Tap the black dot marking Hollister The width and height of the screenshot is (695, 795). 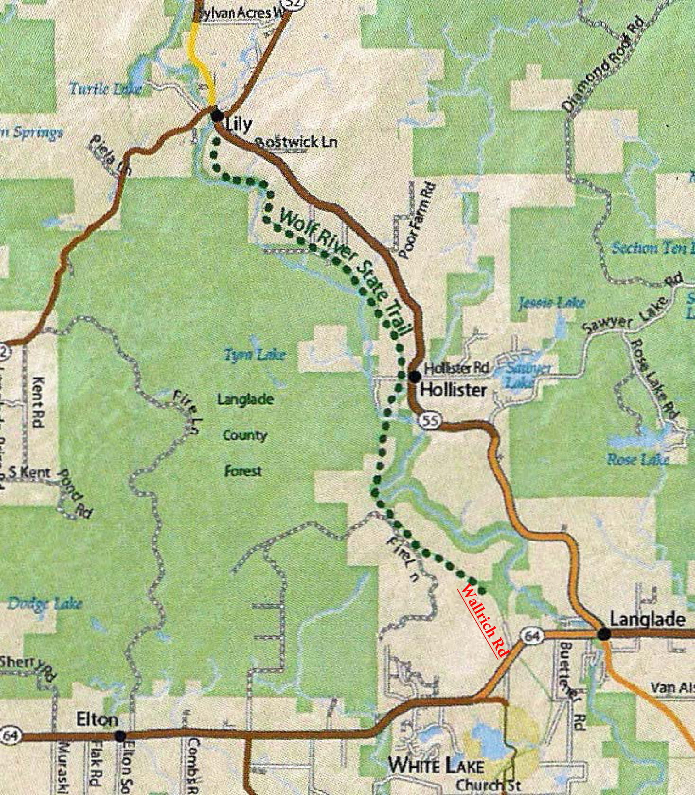(415, 376)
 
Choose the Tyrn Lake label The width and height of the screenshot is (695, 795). (255, 354)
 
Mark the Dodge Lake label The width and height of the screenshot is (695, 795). (45, 603)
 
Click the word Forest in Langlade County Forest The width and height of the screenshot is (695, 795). (243, 471)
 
